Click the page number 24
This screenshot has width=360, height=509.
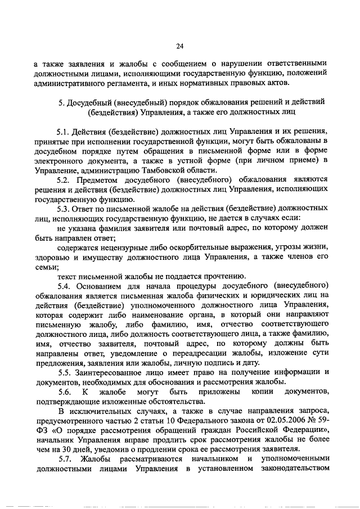(179, 46)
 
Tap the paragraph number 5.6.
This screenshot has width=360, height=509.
(66, 391)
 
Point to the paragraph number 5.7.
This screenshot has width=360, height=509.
(66, 459)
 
